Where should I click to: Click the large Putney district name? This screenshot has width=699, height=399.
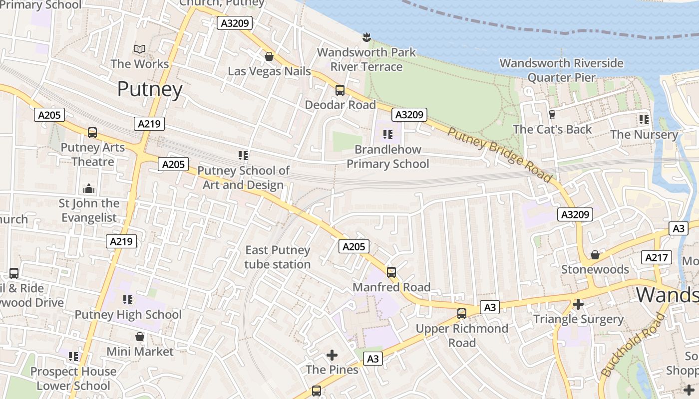(150, 89)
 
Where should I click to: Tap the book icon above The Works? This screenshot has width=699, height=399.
(140, 49)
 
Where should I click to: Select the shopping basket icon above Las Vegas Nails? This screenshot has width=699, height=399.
(269, 56)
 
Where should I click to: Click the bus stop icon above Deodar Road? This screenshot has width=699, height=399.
(340, 90)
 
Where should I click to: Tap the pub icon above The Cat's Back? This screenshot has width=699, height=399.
(552, 115)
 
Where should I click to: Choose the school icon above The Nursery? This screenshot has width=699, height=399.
(644, 120)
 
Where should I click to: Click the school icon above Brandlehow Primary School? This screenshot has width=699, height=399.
(388, 135)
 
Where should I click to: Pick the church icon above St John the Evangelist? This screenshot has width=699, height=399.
(89, 189)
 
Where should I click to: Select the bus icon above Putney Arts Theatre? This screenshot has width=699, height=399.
(92, 133)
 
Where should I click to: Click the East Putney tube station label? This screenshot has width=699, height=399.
(278, 257)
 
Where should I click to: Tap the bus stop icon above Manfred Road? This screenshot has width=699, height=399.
(391, 272)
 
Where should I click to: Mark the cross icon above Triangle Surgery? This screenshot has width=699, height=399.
(578, 304)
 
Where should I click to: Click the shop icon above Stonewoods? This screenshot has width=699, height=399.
(595, 255)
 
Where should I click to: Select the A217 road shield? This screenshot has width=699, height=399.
(656, 257)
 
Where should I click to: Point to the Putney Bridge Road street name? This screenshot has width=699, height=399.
(499, 155)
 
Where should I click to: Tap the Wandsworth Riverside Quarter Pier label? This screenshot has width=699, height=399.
(562, 70)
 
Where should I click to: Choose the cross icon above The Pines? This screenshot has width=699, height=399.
(332, 355)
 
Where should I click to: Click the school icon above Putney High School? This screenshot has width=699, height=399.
(128, 300)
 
